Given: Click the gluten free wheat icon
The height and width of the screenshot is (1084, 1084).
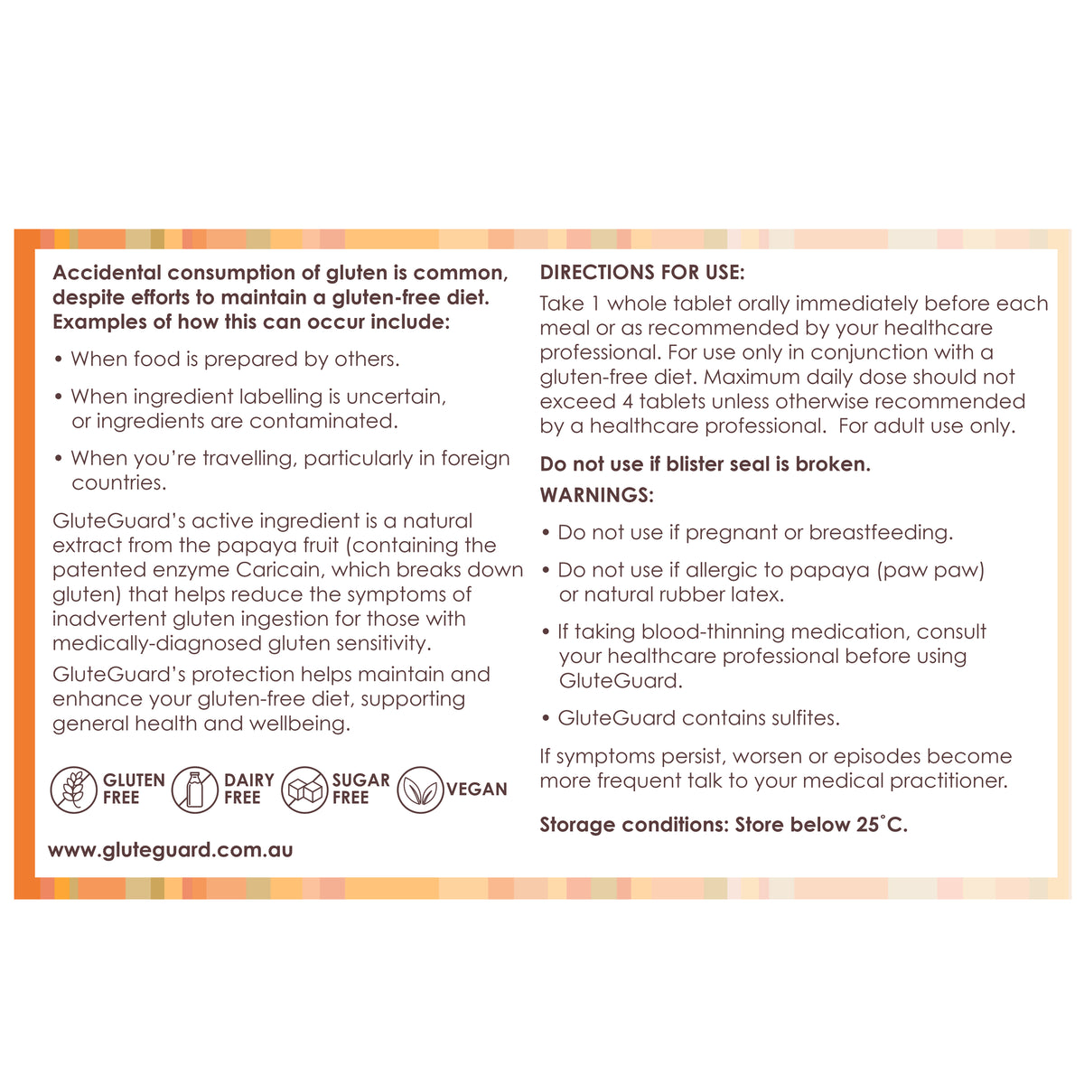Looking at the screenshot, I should click(73, 789).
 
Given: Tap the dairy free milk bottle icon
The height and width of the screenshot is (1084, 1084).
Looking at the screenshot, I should click(194, 789).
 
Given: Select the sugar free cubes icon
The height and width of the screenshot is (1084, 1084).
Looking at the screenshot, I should click(304, 790).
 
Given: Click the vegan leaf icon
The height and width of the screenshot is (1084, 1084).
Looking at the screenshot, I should click(420, 790).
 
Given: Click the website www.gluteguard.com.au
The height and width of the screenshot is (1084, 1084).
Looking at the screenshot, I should click(170, 850).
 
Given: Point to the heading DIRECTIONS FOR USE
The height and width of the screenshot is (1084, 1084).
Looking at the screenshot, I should click(642, 273).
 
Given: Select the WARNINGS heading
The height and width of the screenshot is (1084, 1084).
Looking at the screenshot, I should click(596, 495).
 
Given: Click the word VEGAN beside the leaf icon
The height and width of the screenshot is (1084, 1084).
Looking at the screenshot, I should click(476, 790).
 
